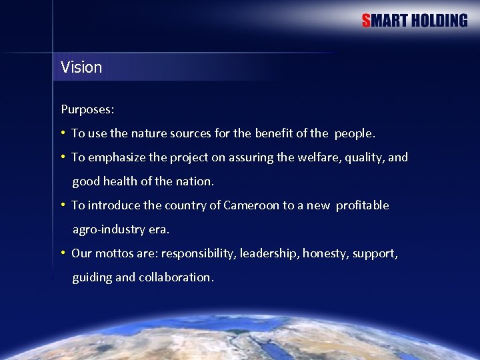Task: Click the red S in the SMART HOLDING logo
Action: (x=366, y=21)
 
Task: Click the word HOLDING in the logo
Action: (x=439, y=21)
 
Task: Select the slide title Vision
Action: (x=81, y=67)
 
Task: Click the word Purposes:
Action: (x=87, y=109)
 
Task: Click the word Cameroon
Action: (x=251, y=205)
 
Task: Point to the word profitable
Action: (x=362, y=205)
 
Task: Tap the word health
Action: (x=120, y=181)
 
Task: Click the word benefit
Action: (x=273, y=133)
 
